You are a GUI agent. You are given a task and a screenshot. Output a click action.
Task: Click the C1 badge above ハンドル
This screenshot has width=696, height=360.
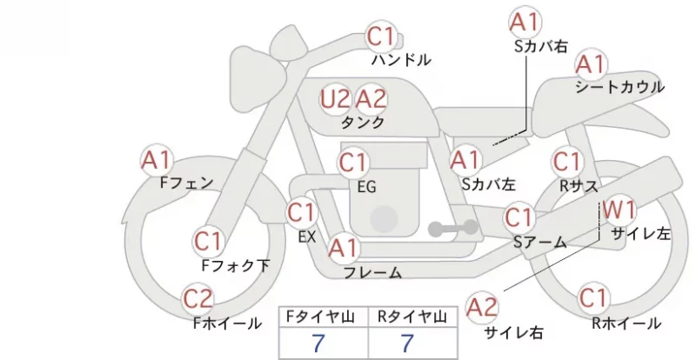tap(381, 36)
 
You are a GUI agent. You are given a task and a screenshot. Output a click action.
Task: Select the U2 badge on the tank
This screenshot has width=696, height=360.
tap(335, 99)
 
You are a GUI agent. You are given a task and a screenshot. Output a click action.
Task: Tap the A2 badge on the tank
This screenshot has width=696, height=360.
tap(371, 99)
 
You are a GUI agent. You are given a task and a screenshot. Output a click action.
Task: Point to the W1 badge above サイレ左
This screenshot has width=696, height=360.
tap(619, 210)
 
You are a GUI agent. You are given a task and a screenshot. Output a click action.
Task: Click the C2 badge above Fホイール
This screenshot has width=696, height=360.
tap(198, 299)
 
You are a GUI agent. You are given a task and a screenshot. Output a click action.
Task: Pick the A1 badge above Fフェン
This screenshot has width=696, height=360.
tap(157, 160)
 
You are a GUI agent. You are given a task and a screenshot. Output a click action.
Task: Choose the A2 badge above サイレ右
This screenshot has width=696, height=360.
tap(482, 307)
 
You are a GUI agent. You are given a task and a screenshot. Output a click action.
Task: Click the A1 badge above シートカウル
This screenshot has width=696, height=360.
tap(591, 65)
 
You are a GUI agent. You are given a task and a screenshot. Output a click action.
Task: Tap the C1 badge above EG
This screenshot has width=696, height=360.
tap(353, 163)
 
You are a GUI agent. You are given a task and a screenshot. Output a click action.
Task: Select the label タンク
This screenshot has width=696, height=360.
tap(363, 123)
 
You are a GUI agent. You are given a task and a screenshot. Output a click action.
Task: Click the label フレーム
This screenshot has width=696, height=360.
tap(373, 272)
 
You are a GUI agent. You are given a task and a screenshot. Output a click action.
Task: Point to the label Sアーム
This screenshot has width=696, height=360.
tap(540, 242)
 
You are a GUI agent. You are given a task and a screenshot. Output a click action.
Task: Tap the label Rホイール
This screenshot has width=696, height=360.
tap(626, 323)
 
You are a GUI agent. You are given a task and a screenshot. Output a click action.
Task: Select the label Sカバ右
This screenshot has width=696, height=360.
tap(541, 46)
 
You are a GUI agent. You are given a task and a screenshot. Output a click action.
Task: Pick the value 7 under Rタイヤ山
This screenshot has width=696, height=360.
tap(407, 343)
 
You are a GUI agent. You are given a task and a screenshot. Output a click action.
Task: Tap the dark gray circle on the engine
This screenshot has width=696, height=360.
tap(384, 219)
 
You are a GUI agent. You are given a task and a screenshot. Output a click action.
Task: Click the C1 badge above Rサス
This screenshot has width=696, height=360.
tap(567, 162)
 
